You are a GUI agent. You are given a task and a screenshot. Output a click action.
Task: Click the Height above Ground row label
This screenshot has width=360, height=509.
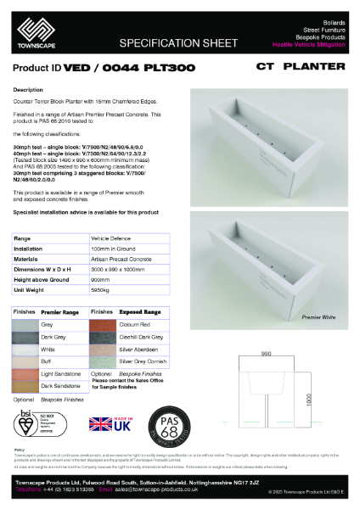[x=42, y=280]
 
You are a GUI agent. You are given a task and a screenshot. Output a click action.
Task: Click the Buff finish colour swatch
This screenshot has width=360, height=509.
[x=25, y=360]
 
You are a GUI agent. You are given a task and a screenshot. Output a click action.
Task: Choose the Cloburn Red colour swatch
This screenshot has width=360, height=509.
[x=101, y=324]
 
